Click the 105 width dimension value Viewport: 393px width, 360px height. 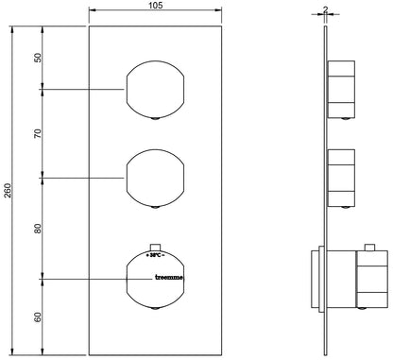click(x=155, y=6)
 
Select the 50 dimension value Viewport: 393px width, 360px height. click(x=38, y=58)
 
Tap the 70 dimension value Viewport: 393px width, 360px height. click(x=38, y=133)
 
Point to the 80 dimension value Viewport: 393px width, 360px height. click(x=38, y=229)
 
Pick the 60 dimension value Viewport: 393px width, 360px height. click(x=38, y=317)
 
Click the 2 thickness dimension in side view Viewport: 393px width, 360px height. click(x=325, y=9)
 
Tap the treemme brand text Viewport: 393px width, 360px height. click(x=169, y=278)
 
